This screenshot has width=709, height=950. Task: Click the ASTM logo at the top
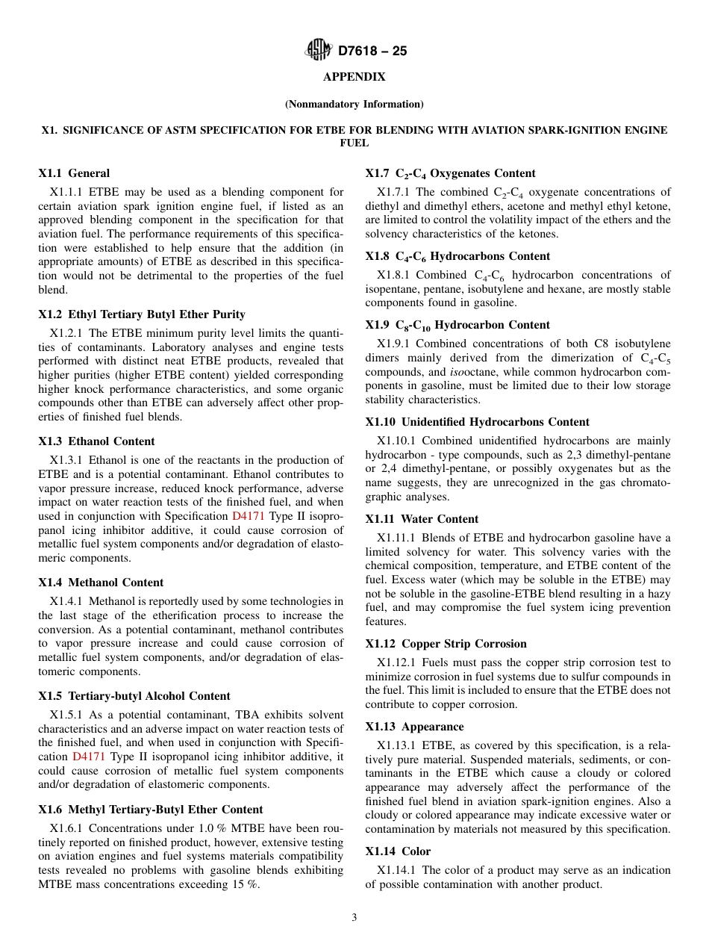click(x=319, y=50)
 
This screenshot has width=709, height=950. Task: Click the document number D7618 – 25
click(x=372, y=52)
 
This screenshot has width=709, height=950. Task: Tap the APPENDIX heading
click(x=354, y=77)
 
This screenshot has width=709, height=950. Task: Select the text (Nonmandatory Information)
click(x=354, y=104)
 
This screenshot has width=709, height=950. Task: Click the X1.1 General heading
click(x=74, y=173)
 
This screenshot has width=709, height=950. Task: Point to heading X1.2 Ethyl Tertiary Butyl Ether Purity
click(x=142, y=314)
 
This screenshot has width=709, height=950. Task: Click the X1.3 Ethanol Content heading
click(x=97, y=441)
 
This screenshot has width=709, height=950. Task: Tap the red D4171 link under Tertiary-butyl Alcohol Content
click(x=87, y=757)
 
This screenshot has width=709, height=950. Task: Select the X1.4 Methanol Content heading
click(x=101, y=583)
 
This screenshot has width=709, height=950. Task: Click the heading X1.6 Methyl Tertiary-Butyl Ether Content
click(x=151, y=810)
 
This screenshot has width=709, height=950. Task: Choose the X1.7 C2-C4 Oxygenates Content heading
click(x=450, y=173)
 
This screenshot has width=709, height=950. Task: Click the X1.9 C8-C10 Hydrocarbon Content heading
click(x=457, y=325)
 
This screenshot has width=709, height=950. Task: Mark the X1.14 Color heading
click(x=398, y=851)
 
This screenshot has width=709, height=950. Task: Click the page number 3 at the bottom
click(x=354, y=918)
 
